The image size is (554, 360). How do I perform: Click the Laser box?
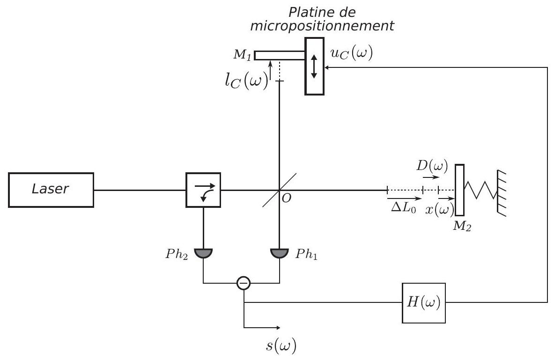tap(51, 190)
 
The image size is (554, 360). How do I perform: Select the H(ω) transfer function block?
tap(424, 303)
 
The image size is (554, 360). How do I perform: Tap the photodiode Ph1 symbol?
tap(280, 253)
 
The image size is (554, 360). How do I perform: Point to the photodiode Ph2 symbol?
tap(203, 253)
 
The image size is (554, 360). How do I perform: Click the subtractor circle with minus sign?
tap(244, 283)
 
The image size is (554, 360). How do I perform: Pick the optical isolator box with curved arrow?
tap(203, 190)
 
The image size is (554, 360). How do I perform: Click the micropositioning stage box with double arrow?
tap(314, 66)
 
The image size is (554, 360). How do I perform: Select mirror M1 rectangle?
tap(280, 55)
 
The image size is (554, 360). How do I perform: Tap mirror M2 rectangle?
tap(459, 190)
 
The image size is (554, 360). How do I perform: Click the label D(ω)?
tap(432, 166)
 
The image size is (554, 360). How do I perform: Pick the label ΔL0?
tap(404, 208)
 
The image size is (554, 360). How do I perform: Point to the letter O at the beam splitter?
tap(287, 198)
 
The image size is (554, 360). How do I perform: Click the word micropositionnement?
tap(322, 26)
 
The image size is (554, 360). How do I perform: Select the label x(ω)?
tap(440, 210)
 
